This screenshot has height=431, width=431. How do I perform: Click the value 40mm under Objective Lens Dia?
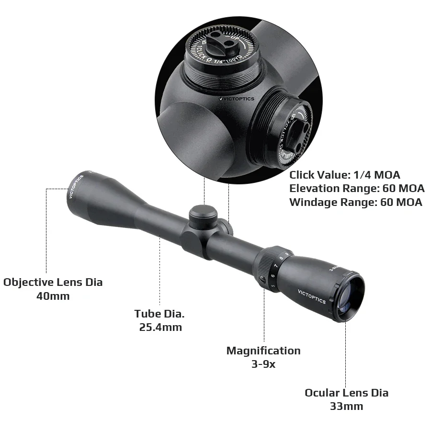coord(53,296)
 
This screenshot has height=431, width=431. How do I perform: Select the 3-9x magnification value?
coord(263,364)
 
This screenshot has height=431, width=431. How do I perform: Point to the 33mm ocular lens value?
coord(346,406)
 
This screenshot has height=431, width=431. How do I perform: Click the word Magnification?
coord(263,351)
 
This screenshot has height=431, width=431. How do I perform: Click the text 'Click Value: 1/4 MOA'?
coord(344,175)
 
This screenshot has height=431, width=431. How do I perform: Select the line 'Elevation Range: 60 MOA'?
coord(357,188)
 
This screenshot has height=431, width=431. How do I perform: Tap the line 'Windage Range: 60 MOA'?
coord(356,202)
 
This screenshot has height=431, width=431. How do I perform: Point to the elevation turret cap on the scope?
coord(203,215)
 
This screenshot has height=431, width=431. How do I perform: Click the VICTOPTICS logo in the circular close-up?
coord(237,99)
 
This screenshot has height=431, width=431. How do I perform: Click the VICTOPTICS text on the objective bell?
coord(76,186)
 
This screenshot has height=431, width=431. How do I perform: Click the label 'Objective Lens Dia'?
coord(53,282)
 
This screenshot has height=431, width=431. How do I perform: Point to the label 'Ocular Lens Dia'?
coord(346,393)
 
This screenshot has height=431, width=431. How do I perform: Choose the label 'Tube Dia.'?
coord(159,314)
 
